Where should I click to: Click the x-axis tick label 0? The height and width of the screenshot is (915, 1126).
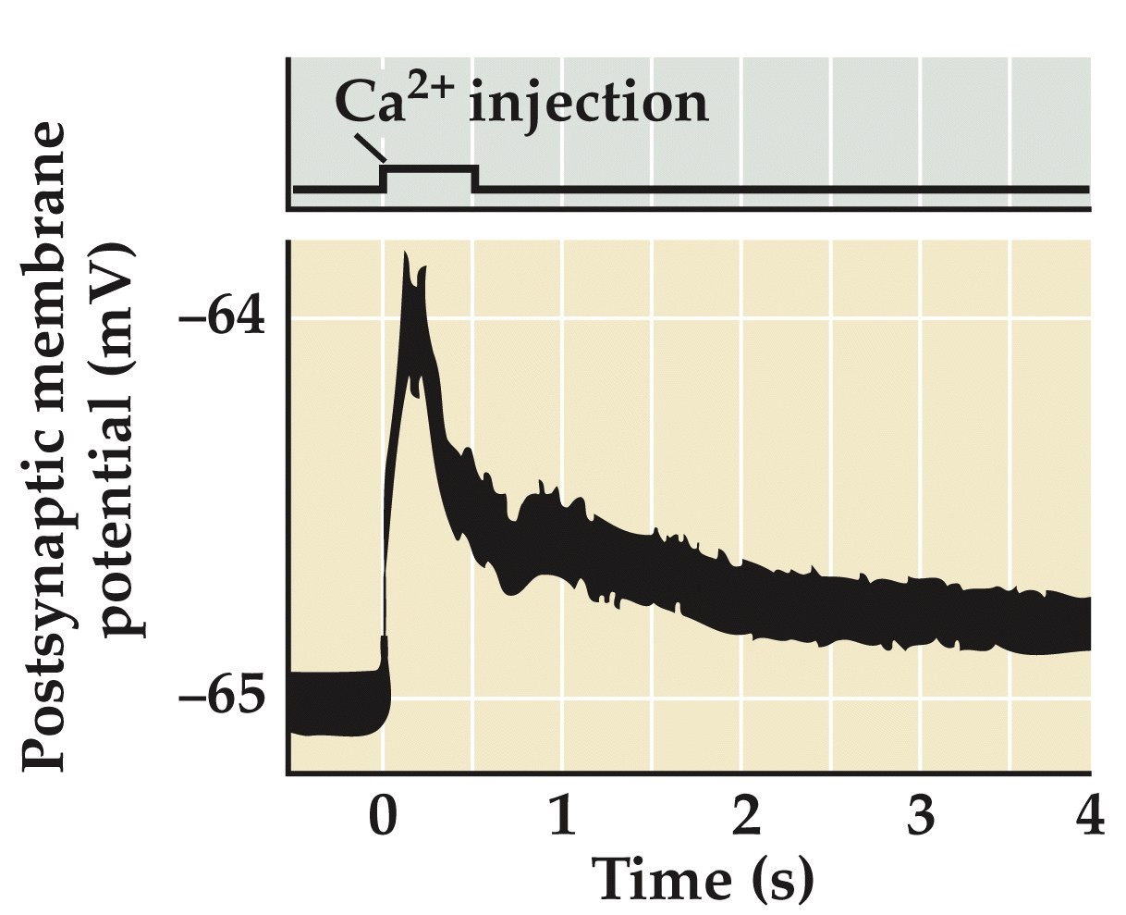383,819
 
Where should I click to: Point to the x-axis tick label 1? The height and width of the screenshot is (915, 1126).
562,819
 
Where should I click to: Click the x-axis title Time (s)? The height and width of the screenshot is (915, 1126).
703,880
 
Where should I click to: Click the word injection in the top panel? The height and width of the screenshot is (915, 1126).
589,104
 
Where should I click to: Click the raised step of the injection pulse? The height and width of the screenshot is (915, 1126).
431,168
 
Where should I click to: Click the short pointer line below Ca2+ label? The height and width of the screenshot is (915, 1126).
370,147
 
